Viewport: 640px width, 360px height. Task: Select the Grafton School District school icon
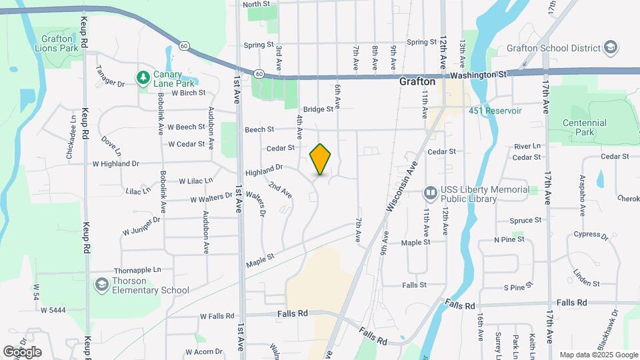point(610,47)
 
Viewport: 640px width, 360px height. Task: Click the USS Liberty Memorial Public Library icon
point(430,193)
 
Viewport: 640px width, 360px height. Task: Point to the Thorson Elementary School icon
point(101,285)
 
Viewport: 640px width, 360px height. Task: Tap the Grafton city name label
point(417,81)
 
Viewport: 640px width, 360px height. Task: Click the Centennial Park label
point(584,127)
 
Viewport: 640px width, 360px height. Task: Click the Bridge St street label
point(317,109)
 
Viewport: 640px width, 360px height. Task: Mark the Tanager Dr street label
point(111,75)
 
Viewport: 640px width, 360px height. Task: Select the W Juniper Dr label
point(141,225)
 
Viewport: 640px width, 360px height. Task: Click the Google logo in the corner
point(21,352)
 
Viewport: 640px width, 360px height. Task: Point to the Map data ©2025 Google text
point(598,355)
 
